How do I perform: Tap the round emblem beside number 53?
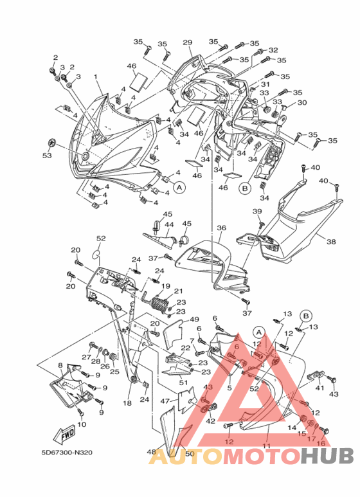51,143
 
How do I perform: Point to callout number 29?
188,42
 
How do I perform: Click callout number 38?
331,242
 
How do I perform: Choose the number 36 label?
222,228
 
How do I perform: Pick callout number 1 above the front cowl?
95,77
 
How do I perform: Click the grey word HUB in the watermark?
327,456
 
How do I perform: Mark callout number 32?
273,50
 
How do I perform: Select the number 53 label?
47,156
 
